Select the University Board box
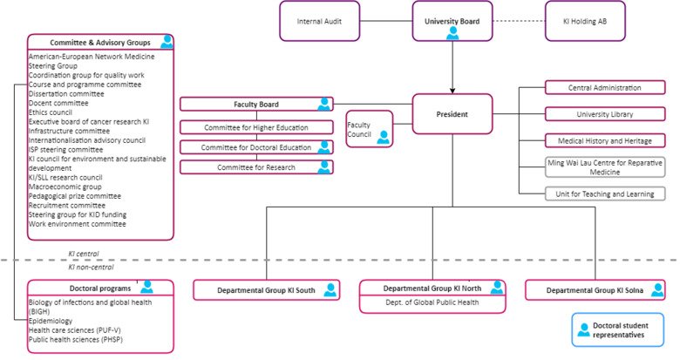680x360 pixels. pos(452,20)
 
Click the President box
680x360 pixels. pos(452,113)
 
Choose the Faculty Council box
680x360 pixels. pos(368,129)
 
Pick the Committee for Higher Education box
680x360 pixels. pos(255,127)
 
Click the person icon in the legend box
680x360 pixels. pos(583,330)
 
